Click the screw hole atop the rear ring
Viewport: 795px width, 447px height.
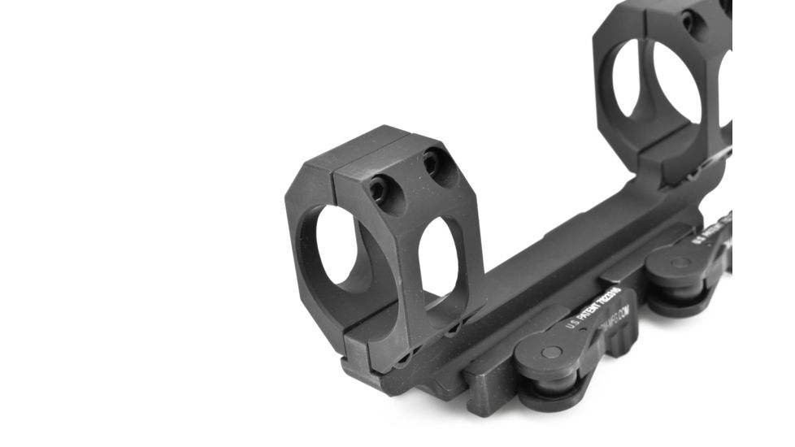pos(693,22)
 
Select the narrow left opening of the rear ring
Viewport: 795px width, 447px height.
pos(625,77)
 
